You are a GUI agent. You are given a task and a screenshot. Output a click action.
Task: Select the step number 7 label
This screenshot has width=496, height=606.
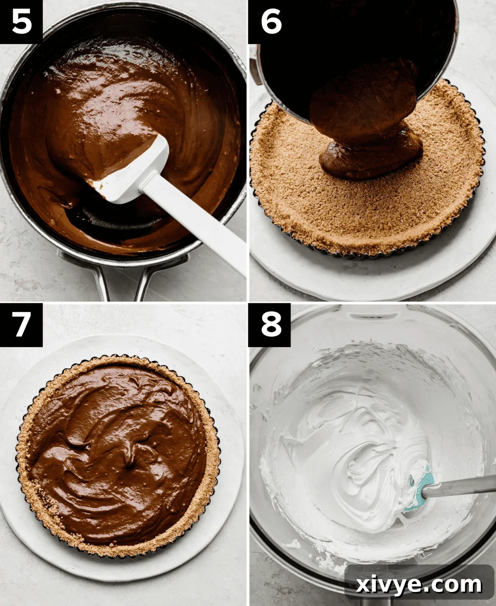(x=21, y=324)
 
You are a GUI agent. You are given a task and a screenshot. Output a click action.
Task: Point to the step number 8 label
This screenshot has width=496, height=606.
(x=271, y=324)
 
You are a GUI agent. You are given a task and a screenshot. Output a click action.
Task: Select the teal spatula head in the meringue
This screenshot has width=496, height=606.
(x=420, y=486)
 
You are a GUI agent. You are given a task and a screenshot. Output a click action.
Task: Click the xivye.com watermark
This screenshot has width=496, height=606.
(x=419, y=585)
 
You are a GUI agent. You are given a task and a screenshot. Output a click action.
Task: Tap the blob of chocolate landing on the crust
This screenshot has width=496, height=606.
(x=370, y=158)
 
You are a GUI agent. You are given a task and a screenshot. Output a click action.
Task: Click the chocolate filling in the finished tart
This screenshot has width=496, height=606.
(x=116, y=452)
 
